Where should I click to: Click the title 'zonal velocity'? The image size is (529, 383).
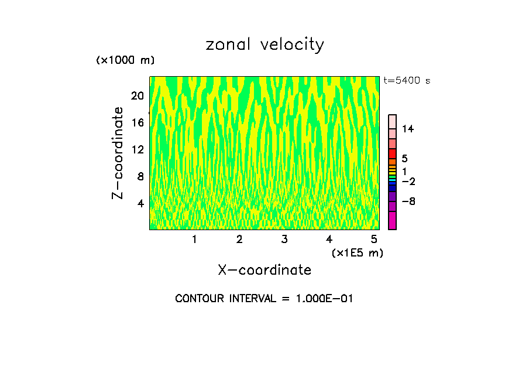point(264,45)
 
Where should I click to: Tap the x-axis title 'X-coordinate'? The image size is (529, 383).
point(264,269)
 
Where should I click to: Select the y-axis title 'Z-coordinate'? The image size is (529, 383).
point(119,153)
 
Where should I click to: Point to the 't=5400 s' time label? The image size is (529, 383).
point(407,80)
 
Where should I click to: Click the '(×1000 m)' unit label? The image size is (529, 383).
point(125,60)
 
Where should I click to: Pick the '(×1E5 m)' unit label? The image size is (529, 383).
point(357,252)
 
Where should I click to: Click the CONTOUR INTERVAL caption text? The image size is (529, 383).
point(264,298)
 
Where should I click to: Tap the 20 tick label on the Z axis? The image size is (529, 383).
point(137,95)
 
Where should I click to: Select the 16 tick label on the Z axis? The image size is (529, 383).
point(137,122)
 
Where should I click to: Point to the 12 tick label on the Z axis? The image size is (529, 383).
point(137,149)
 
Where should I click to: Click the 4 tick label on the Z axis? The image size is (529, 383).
point(140,203)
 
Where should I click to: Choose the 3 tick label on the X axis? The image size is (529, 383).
point(284,239)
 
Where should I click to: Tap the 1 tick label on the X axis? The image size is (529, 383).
point(194,239)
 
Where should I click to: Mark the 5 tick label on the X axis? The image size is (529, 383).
point(374,239)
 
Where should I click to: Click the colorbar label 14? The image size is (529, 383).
point(408,129)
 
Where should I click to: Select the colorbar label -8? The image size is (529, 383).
point(408,201)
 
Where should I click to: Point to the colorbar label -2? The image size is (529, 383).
point(408,182)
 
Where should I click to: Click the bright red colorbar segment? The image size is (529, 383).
point(392,153)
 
